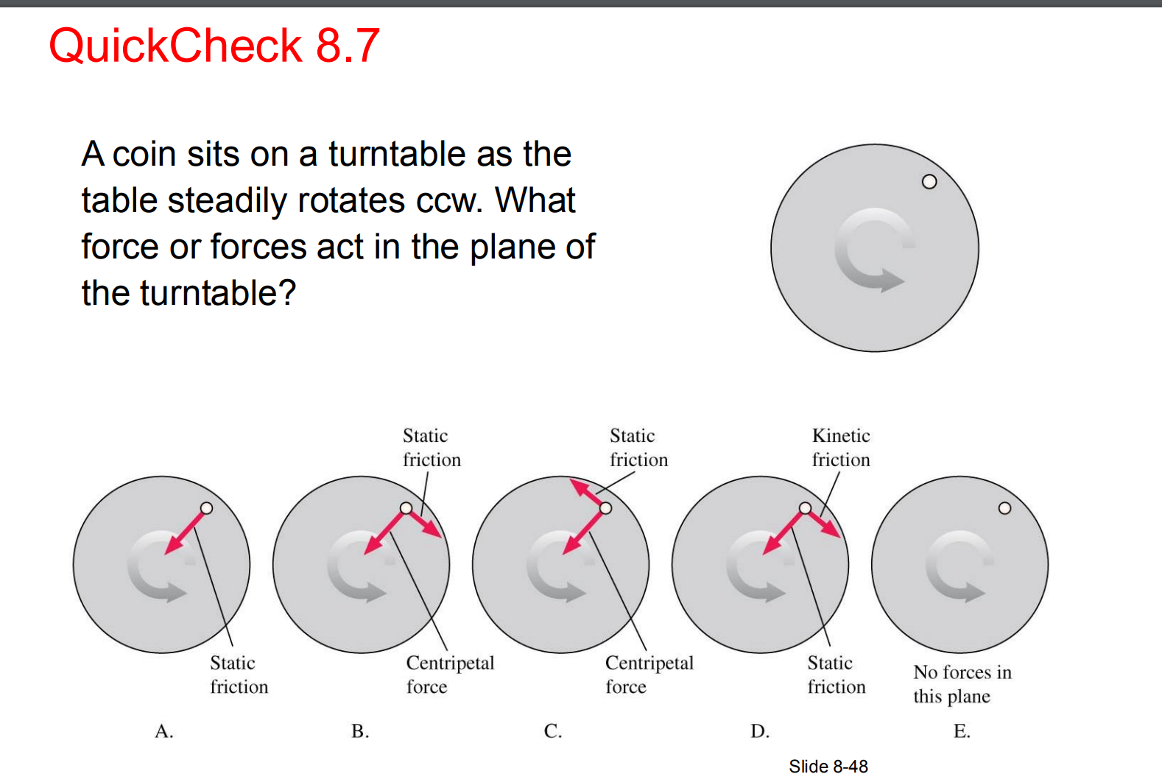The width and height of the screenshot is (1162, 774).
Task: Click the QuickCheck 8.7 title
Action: [214, 46]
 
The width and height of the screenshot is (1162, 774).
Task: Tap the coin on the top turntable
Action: [929, 182]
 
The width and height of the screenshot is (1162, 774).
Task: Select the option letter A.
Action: [164, 731]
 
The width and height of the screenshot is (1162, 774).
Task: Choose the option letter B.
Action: [360, 731]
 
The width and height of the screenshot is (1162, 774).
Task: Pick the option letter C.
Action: [553, 731]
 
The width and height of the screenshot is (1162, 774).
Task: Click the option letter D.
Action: [760, 731]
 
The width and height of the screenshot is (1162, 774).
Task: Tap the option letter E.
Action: [962, 731]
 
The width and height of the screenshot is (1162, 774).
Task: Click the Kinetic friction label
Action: [841, 448]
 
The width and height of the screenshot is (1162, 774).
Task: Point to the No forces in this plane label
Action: [962, 684]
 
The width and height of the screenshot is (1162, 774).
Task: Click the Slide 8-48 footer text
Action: [828, 767]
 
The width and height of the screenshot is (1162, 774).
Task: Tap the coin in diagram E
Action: [1004, 508]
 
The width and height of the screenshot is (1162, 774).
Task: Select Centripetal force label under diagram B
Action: [450, 675]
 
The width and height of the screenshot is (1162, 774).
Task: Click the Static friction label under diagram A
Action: [239, 675]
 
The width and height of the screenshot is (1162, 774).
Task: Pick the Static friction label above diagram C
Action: [638, 448]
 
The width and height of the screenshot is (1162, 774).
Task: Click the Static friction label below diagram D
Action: [836, 675]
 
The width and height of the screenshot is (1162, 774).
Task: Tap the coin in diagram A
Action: [207, 508]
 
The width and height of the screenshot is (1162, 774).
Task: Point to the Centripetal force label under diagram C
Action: [649, 675]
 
